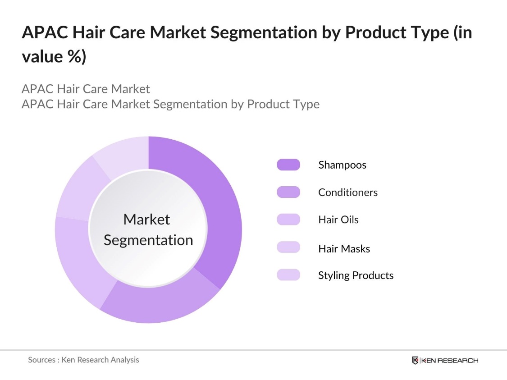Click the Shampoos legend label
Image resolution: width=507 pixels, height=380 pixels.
click(342, 165)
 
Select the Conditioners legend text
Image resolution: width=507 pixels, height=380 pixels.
click(347, 192)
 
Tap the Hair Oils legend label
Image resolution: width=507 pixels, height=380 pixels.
click(338, 220)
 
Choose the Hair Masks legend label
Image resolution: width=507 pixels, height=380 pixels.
click(344, 248)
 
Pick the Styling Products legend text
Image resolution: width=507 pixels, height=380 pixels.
click(356, 275)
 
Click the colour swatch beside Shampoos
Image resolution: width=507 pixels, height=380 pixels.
click(288, 165)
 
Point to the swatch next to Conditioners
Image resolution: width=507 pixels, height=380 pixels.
click(288, 192)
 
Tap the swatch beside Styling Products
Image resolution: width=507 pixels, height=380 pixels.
click(288, 275)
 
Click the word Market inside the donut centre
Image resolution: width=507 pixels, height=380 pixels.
click(146, 220)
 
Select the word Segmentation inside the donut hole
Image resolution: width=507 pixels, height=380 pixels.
click(148, 240)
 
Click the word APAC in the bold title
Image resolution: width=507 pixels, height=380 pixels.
click(44, 33)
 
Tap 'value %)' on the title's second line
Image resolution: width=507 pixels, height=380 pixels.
click(54, 58)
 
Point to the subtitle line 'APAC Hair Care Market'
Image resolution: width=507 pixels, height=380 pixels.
click(86, 88)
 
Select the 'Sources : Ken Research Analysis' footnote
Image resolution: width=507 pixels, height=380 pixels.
click(83, 360)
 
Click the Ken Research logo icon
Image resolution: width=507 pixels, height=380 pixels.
click(415, 361)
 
